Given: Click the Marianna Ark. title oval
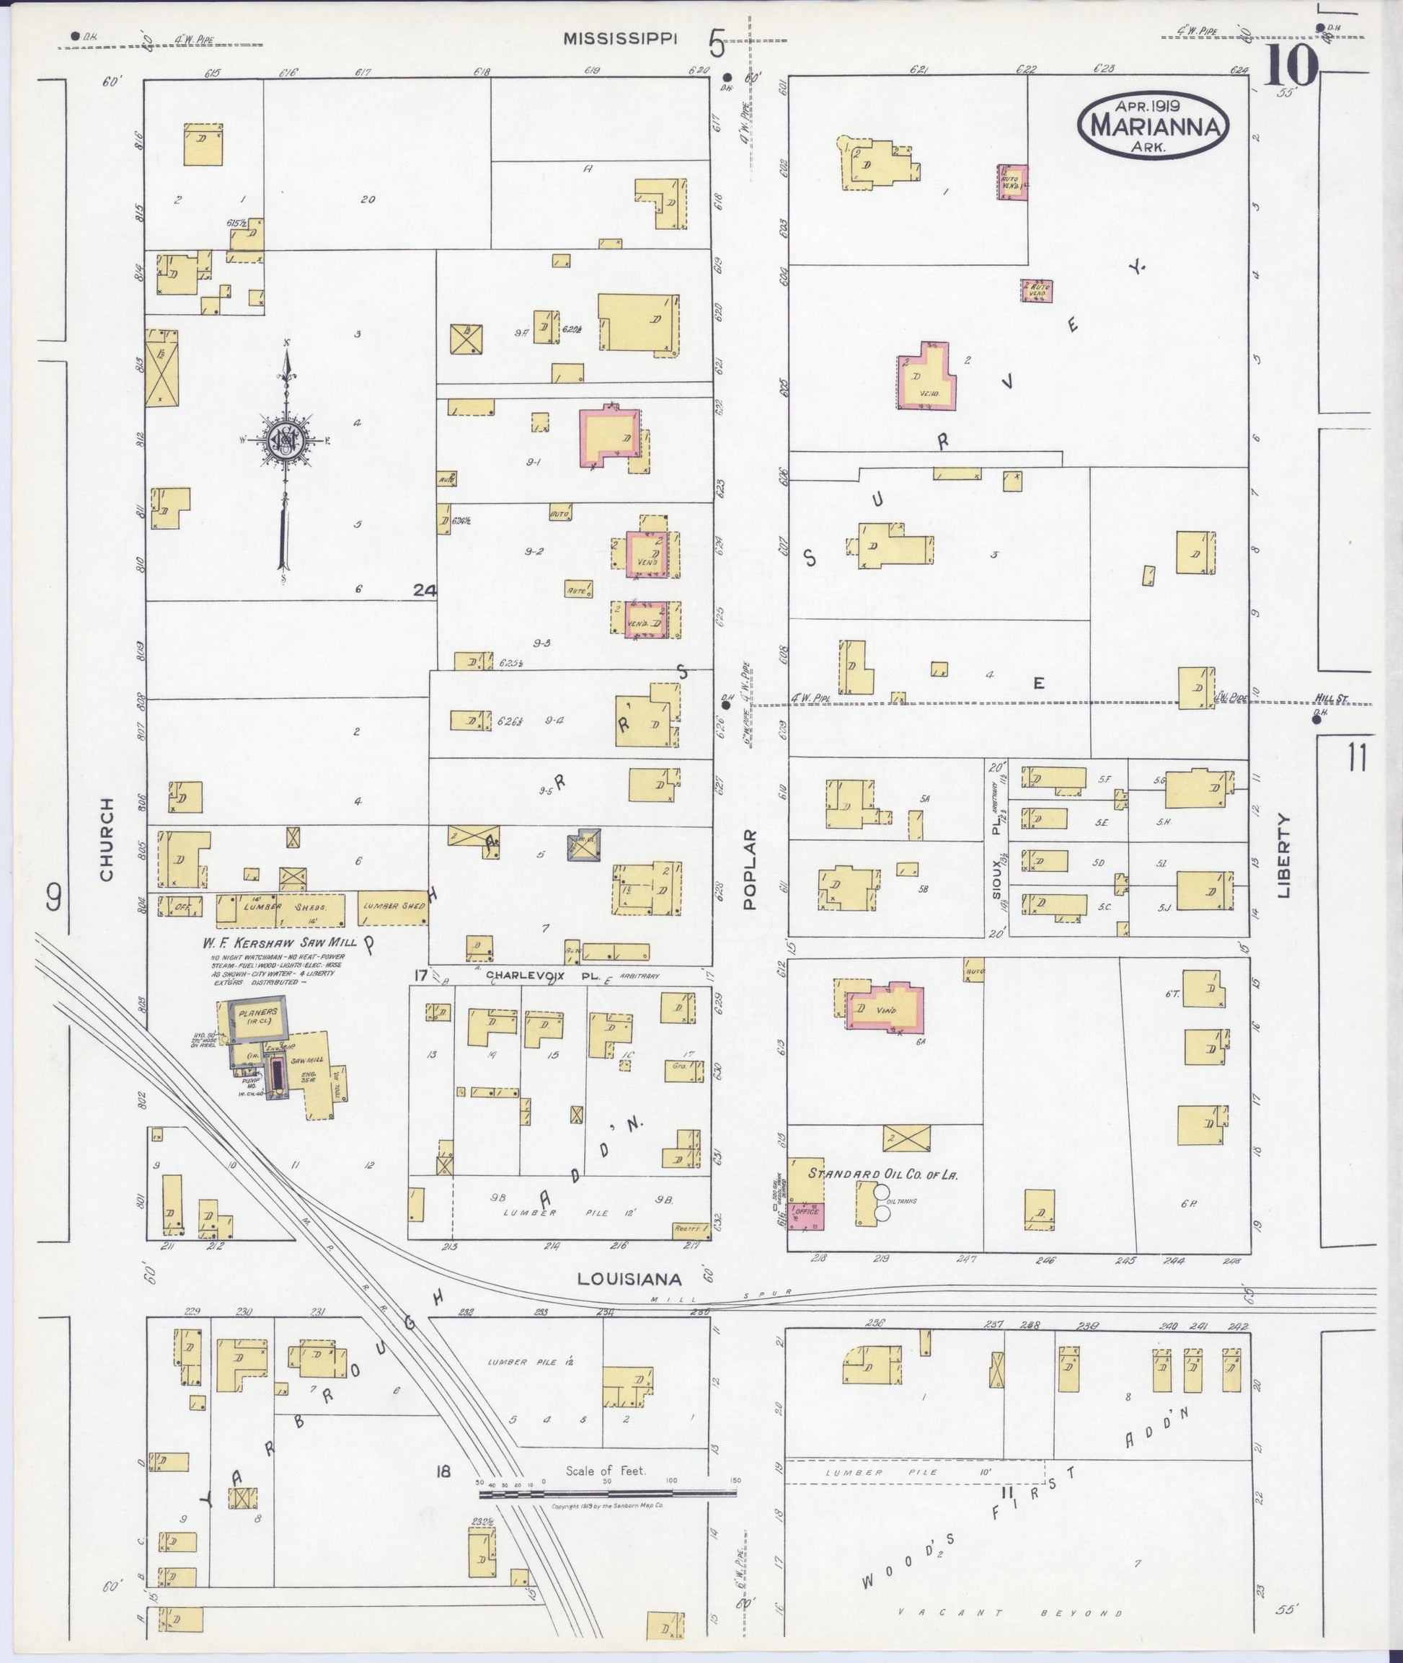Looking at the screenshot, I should (1154, 124).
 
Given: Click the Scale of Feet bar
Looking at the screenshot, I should (607, 1494).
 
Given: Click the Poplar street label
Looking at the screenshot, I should (748, 869).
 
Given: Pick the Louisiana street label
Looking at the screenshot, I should (629, 1279).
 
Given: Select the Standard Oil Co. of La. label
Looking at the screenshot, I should (882, 1173).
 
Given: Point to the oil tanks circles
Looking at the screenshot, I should (881, 1202).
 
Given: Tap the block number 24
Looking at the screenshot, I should (425, 590).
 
